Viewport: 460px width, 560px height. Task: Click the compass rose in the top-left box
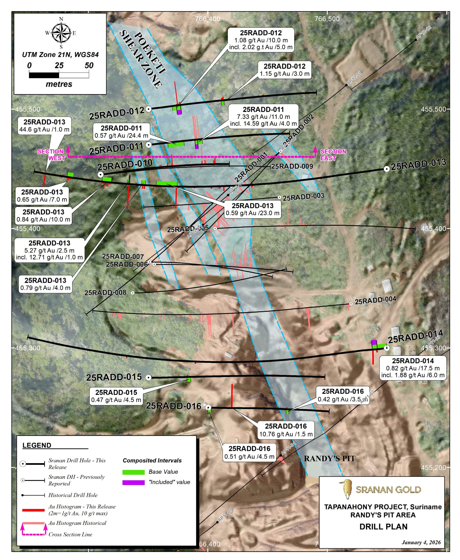(x=61, y=33)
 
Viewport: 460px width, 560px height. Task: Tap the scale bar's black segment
(x=44, y=75)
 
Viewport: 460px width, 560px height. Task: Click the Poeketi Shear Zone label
(x=143, y=59)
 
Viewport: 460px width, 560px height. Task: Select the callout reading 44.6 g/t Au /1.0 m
(x=44, y=126)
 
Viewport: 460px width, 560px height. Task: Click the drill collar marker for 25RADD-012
(x=149, y=109)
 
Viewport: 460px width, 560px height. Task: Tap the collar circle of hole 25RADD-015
(x=149, y=378)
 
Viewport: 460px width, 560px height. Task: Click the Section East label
(x=333, y=155)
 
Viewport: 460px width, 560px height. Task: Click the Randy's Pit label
(x=329, y=458)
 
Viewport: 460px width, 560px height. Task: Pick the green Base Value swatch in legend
(x=133, y=472)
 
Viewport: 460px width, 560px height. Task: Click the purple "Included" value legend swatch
(x=133, y=482)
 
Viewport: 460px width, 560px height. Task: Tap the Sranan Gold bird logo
(x=346, y=489)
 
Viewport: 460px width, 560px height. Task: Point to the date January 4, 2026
(x=421, y=542)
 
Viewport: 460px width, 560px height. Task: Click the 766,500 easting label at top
(x=327, y=19)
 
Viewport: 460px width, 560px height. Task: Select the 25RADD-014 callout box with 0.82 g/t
(x=413, y=368)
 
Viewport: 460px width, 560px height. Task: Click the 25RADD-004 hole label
(x=375, y=300)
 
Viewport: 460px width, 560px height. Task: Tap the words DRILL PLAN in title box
(x=383, y=527)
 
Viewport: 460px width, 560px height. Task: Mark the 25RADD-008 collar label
(x=105, y=292)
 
